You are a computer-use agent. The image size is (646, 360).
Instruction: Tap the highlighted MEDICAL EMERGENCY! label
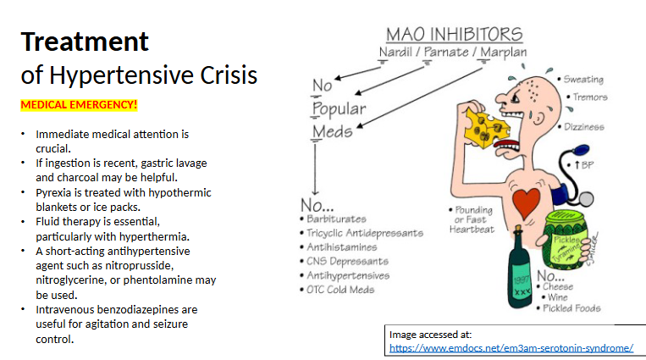79,106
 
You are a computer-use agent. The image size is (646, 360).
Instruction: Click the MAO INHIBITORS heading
454,35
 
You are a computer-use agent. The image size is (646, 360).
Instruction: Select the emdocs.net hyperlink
511,348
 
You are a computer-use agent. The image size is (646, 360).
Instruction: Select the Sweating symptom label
583,80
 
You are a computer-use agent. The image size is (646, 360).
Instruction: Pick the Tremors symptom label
589,97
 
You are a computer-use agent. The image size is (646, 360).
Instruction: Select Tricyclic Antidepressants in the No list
365,233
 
